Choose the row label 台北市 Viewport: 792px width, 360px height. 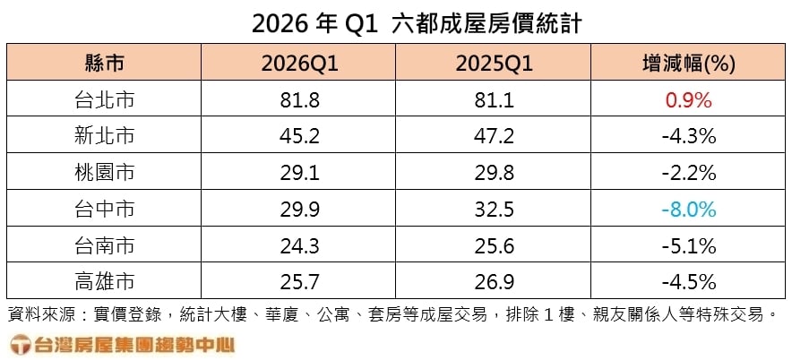point(104,100)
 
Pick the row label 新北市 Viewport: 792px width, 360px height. point(104,137)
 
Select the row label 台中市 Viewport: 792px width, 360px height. point(104,210)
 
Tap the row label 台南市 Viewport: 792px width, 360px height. point(104,245)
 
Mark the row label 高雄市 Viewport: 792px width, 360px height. point(104,282)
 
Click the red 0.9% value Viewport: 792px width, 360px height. point(688,100)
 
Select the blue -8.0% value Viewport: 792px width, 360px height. point(688,210)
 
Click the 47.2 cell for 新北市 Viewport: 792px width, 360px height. point(496,137)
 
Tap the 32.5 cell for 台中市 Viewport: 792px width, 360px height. point(496,210)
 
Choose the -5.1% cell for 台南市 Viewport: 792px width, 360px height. point(688,245)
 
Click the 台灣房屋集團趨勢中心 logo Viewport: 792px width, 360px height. point(121,344)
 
